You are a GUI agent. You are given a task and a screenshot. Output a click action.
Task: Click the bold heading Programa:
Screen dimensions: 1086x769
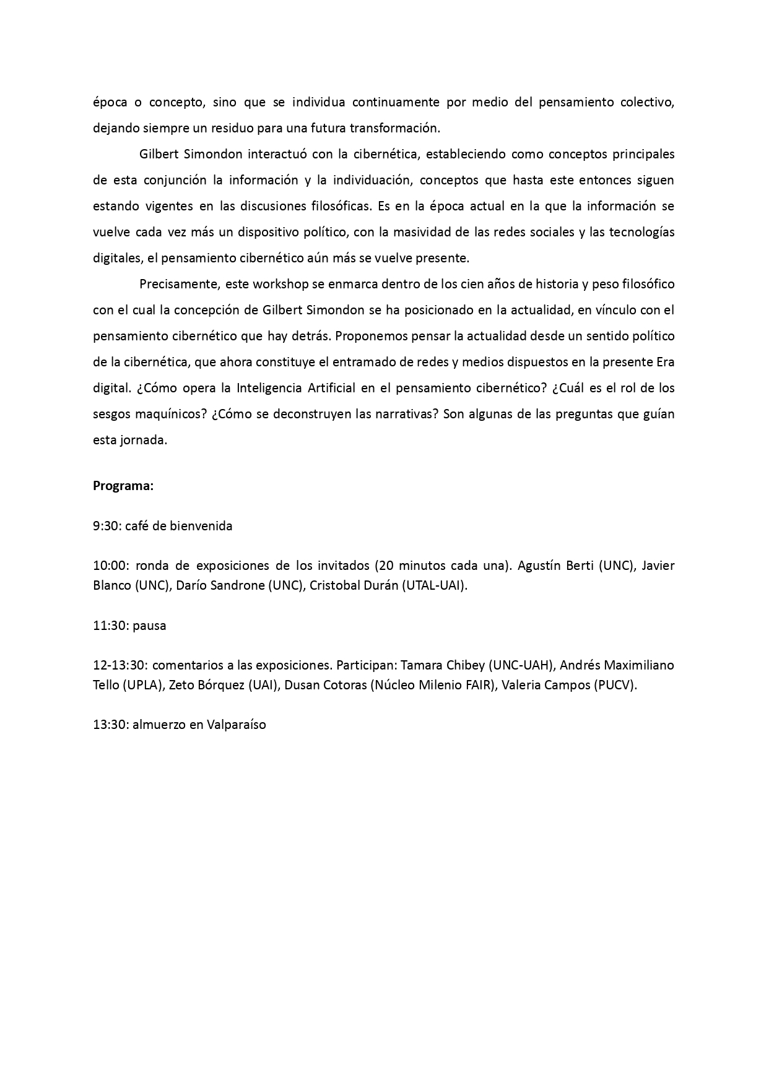coord(123,486)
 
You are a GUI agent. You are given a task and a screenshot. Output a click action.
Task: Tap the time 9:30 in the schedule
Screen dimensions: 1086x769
coord(107,526)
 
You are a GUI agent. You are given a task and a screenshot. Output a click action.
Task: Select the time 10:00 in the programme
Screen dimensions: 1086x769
coord(111,566)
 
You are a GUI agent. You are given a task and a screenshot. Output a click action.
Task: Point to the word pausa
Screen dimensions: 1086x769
coord(149,626)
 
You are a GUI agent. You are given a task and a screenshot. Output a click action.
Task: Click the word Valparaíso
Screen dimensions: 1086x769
coord(237,725)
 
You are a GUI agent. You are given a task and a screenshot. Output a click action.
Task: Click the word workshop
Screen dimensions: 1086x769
coord(279,284)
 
